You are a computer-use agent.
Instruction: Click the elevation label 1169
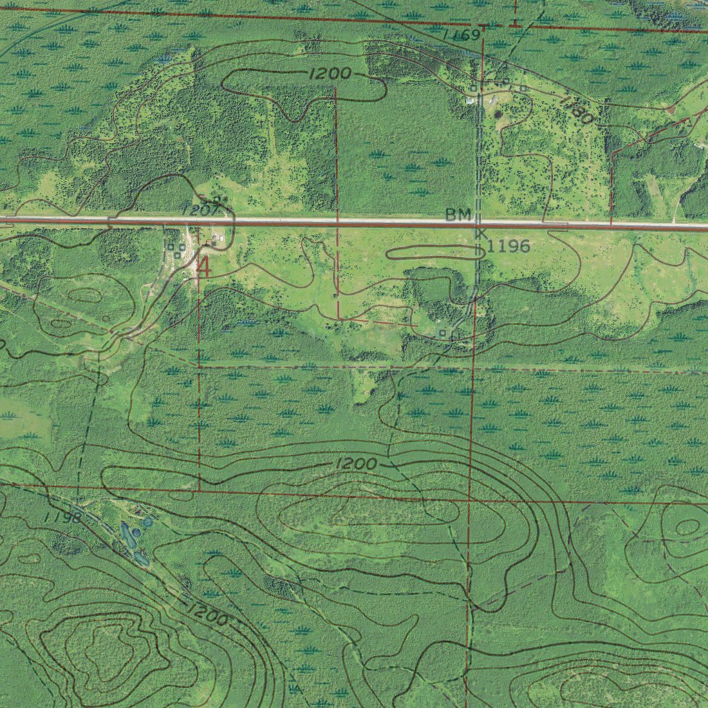[x=462, y=35]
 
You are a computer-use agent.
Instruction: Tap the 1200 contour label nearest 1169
[x=330, y=74]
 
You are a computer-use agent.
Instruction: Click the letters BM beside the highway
[x=458, y=215]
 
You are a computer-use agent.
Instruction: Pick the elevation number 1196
[x=508, y=246]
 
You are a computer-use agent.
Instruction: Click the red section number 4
[x=204, y=267]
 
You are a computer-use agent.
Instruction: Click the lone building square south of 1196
[x=442, y=333]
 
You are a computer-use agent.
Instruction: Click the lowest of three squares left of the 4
[x=177, y=255]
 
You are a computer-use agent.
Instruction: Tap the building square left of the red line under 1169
[x=473, y=88]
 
